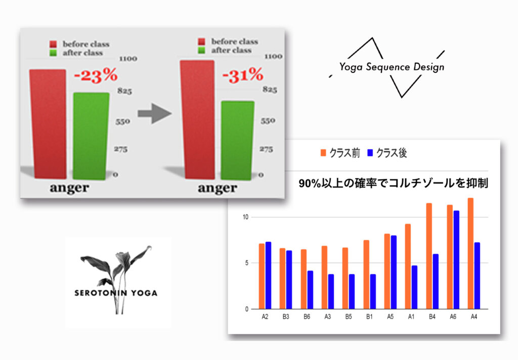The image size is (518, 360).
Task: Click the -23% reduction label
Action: pyautogui.click(x=96, y=75)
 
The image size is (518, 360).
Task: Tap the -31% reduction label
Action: pyautogui.click(x=243, y=75)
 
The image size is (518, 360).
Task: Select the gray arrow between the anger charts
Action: pyautogui.click(x=155, y=113)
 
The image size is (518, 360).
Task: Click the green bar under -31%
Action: pyautogui.click(x=238, y=141)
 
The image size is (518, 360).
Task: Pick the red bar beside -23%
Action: pyautogui.click(x=48, y=124)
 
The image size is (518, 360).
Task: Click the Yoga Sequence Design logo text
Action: pyautogui.click(x=392, y=67)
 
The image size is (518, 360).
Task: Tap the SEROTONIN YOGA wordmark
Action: pyautogui.click(x=116, y=293)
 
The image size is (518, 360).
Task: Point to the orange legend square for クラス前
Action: pyautogui.click(x=323, y=153)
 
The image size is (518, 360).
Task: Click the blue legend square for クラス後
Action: pyautogui.click(x=370, y=153)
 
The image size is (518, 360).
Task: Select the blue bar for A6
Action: pyautogui.click(x=456, y=260)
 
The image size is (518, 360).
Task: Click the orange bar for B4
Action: pyautogui.click(x=429, y=256)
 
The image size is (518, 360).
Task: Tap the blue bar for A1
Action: pyautogui.click(x=414, y=287)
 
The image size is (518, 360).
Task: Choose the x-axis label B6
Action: pyautogui.click(x=307, y=317)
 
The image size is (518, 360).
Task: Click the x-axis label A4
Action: pyautogui.click(x=473, y=317)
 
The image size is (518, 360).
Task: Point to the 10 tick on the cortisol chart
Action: pyautogui.click(x=245, y=217)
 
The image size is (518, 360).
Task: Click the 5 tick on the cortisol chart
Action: pyautogui.click(x=247, y=263)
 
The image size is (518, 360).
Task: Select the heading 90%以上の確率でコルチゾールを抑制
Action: pyautogui.click(x=394, y=184)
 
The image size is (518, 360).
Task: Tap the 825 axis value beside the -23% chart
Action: pyautogui.click(x=124, y=91)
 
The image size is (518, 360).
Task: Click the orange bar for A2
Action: pyautogui.click(x=262, y=277)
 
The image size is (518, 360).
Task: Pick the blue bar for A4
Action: pyautogui.click(x=477, y=276)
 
